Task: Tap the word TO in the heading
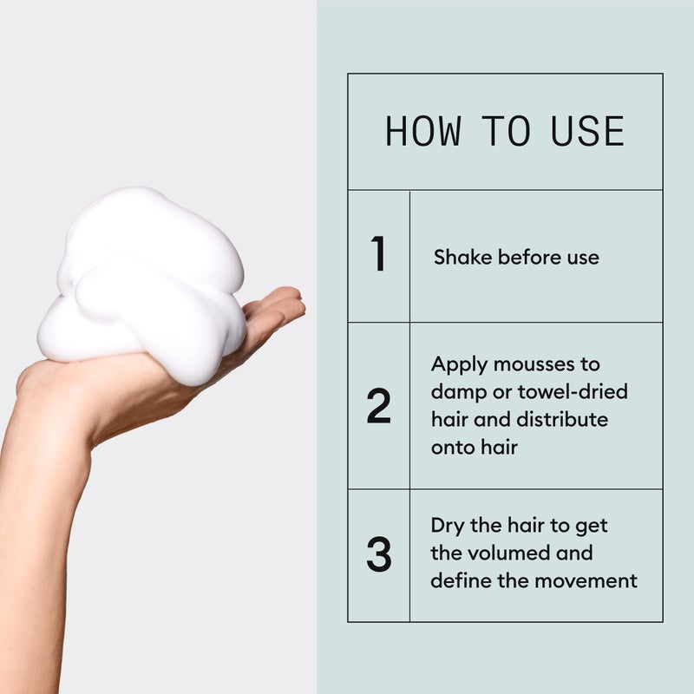point(506,131)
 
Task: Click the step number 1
point(378,255)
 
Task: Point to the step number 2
point(378,406)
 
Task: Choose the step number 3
point(378,555)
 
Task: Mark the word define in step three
point(457,581)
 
